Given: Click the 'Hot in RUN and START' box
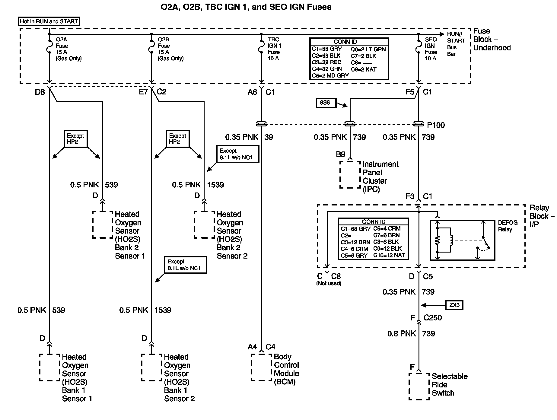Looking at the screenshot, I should [x=49, y=21].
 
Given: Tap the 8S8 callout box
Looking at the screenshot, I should [x=325, y=103].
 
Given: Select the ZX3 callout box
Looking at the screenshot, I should [x=454, y=305].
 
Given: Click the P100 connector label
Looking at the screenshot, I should [x=436, y=125].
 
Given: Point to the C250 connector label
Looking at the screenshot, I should [x=433, y=317].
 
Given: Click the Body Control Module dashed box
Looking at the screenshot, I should [x=262, y=367].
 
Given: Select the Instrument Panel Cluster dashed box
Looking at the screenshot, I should [x=350, y=175].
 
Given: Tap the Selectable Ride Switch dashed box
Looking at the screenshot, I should [x=419, y=387].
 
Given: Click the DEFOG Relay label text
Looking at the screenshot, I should [x=508, y=226].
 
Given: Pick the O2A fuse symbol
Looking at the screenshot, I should [x=49, y=46].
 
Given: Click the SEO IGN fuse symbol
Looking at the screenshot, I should [x=419, y=46].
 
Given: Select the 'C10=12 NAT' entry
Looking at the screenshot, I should [x=389, y=255].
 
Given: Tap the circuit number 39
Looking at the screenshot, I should [x=269, y=137].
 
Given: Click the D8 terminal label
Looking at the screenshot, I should [x=40, y=92].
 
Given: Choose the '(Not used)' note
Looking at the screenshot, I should [x=329, y=283].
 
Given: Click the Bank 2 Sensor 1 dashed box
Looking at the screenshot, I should [x=102, y=224].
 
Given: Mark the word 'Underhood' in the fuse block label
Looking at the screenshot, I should [x=492, y=48].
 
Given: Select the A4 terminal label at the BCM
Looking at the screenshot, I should [x=253, y=347].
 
